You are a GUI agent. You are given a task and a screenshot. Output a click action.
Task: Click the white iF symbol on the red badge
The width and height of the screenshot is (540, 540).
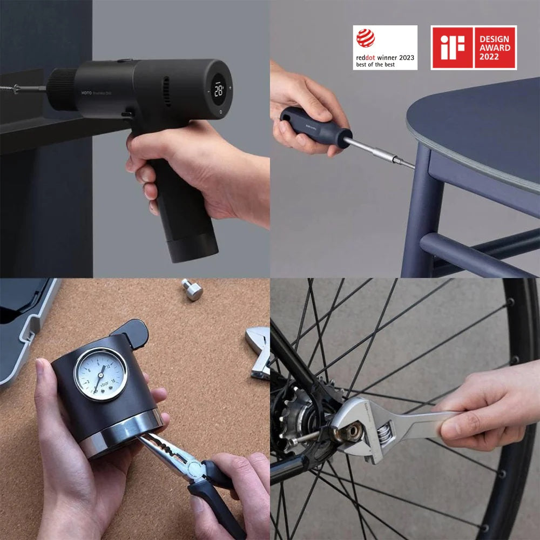point(451,48)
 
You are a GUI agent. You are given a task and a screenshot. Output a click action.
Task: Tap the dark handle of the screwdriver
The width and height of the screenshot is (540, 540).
point(316,127)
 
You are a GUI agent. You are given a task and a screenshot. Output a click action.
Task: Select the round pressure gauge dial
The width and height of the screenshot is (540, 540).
point(101,374)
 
